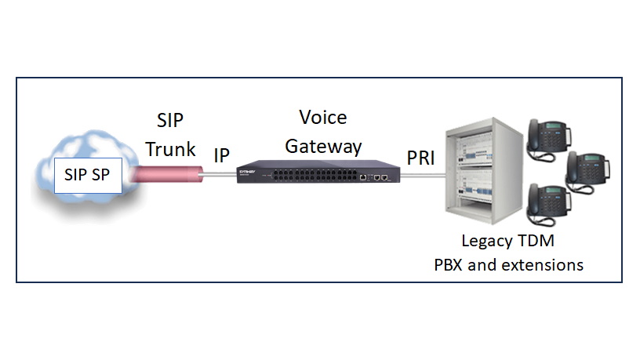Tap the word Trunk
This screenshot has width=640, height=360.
(170, 149)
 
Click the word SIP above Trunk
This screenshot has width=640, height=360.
(169, 122)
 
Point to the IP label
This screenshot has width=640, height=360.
(222, 155)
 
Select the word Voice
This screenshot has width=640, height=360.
(323, 118)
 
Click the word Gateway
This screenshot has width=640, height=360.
(323, 146)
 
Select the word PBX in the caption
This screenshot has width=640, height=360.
(451, 265)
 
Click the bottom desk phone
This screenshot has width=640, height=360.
(551, 202)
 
